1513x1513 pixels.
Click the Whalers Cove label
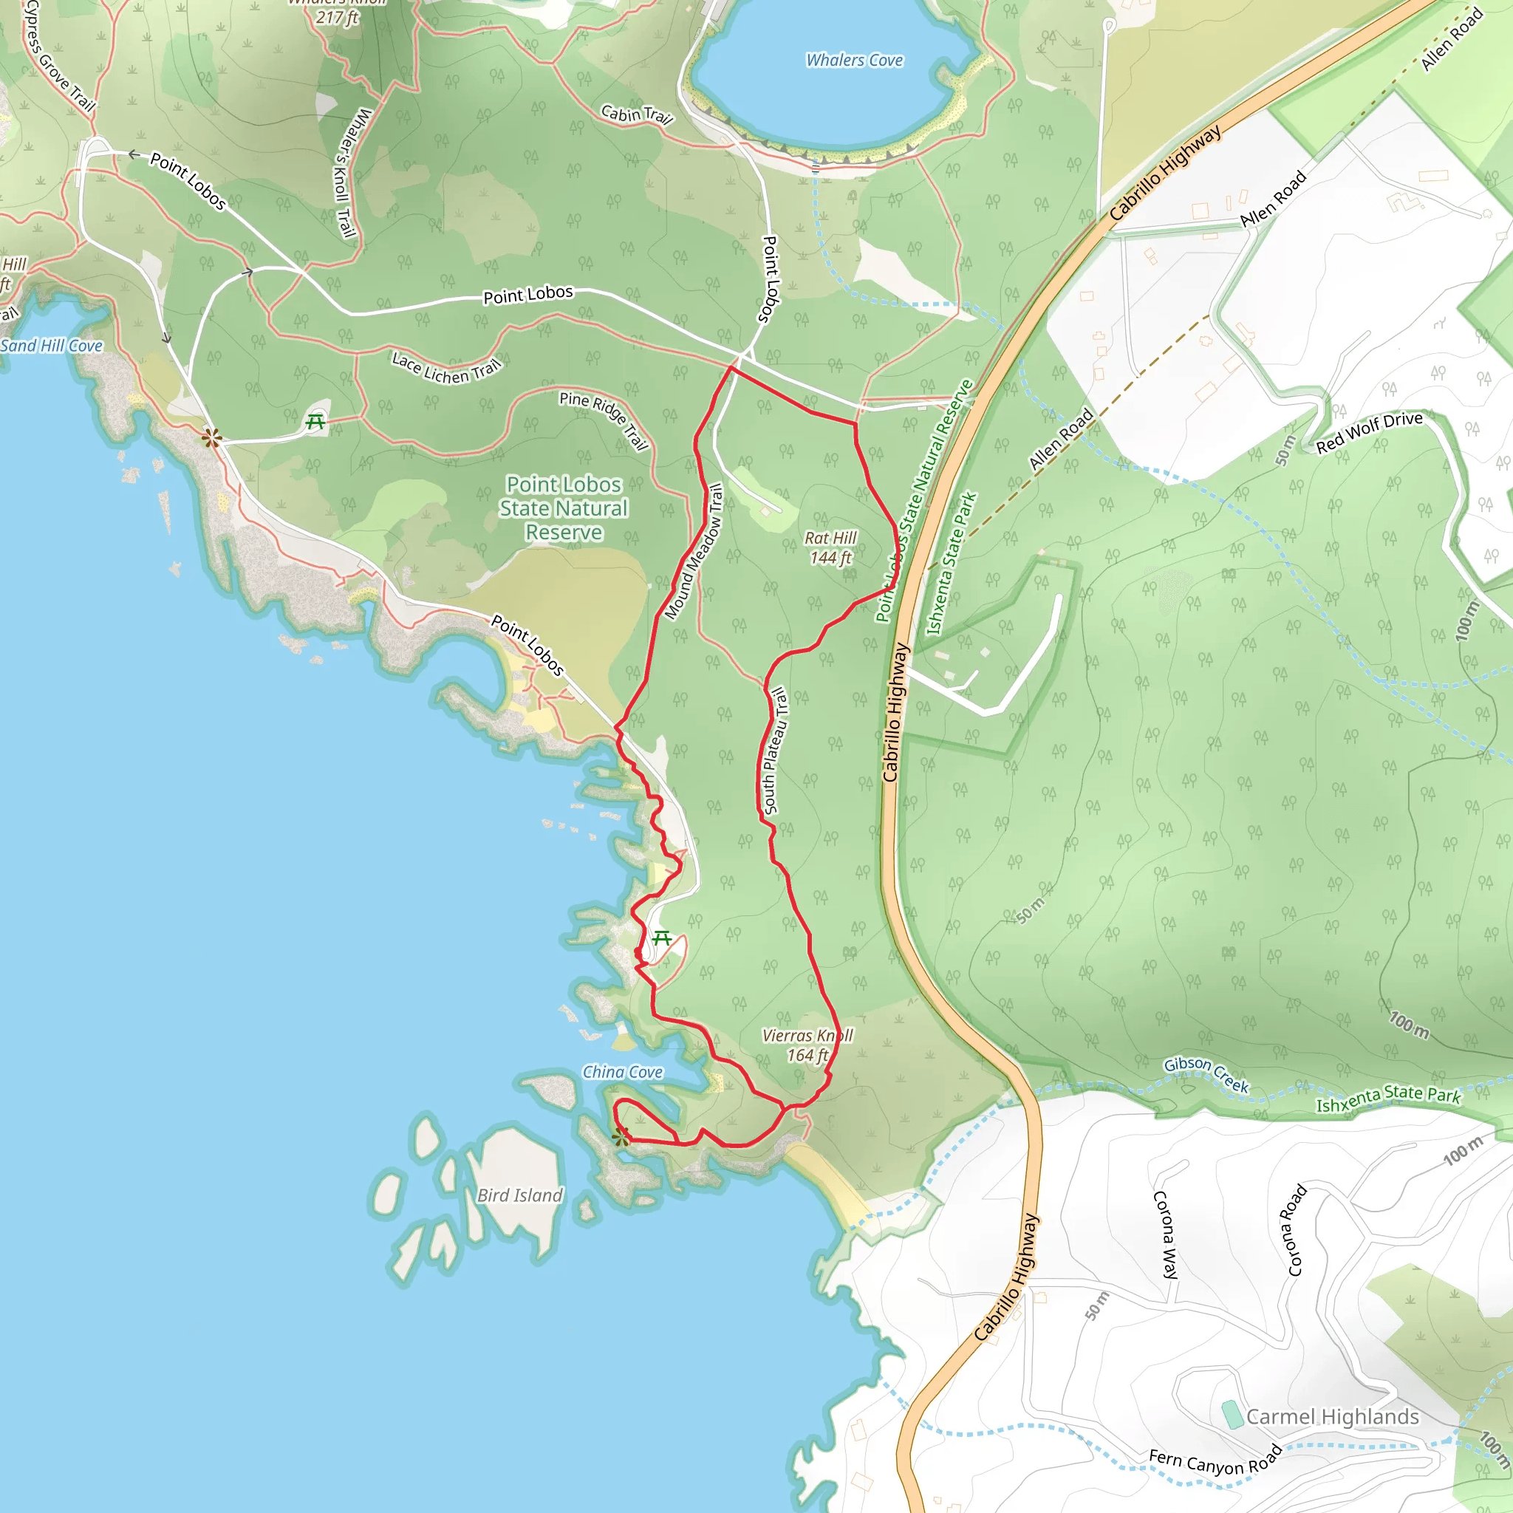coord(855,61)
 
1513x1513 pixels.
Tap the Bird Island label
coord(520,1195)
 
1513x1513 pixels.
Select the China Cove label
coord(623,1072)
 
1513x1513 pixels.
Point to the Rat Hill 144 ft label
coord(830,547)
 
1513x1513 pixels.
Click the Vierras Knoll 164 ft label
coord(807,1045)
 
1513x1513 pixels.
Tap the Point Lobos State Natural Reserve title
coord(564,508)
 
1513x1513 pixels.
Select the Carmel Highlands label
coord(1332,1417)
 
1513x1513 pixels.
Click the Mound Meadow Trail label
coord(694,551)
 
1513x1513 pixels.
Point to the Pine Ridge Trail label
coord(604,420)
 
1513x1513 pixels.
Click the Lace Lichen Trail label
coord(446,368)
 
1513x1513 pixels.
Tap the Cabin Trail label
coord(638,115)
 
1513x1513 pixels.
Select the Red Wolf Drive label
coord(1369,431)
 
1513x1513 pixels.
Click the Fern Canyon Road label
coord(1215,1461)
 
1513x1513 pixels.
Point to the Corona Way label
coord(1166,1235)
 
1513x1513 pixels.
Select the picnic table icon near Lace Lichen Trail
coord(315,422)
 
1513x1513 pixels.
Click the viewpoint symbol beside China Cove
coord(621,1137)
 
